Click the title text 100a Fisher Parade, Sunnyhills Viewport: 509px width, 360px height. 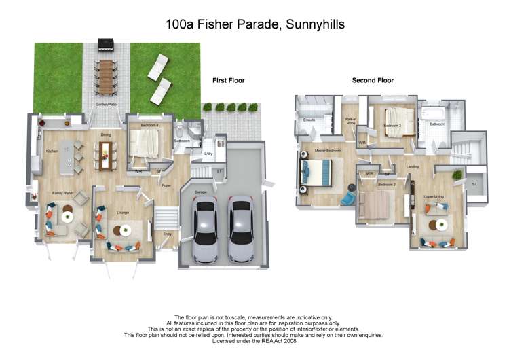(254, 24)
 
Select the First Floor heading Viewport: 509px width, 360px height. (228, 80)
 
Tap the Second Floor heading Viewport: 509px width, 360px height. (373, 80)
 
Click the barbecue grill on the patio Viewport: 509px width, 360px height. (106, 46)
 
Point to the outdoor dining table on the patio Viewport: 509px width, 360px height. (106, 76)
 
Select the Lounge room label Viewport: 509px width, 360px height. (123, 213)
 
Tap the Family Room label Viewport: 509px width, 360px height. (63, 194)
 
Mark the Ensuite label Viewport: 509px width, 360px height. (309, 121)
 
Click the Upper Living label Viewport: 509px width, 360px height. (434, 197)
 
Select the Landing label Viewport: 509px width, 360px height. (412, 166)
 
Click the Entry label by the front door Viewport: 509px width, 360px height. (167, 234)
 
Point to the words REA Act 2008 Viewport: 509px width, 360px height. (282, 340)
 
